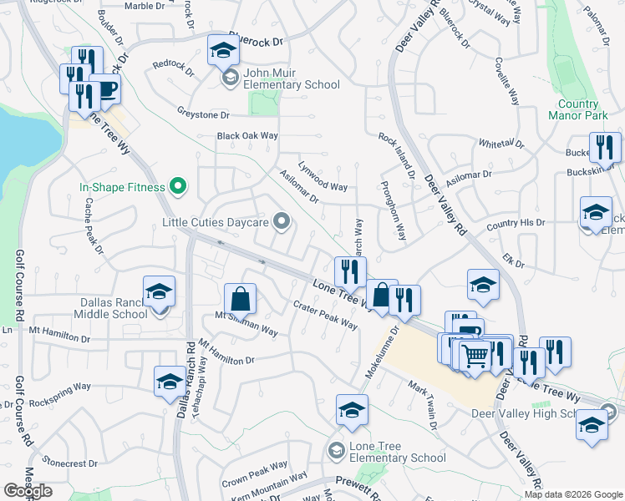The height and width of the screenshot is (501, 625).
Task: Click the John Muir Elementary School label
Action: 292,84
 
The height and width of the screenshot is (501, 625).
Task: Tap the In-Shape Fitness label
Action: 122,187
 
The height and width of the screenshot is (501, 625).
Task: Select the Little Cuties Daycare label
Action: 216,222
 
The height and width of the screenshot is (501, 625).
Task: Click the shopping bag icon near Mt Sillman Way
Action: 240,299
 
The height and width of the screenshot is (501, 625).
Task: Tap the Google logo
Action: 28,491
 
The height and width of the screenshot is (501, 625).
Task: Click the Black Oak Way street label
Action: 247,135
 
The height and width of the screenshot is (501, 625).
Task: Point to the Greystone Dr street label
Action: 202,114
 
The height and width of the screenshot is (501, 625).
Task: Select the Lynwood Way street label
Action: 323,175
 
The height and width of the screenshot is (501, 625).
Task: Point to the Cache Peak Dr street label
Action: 93,231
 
